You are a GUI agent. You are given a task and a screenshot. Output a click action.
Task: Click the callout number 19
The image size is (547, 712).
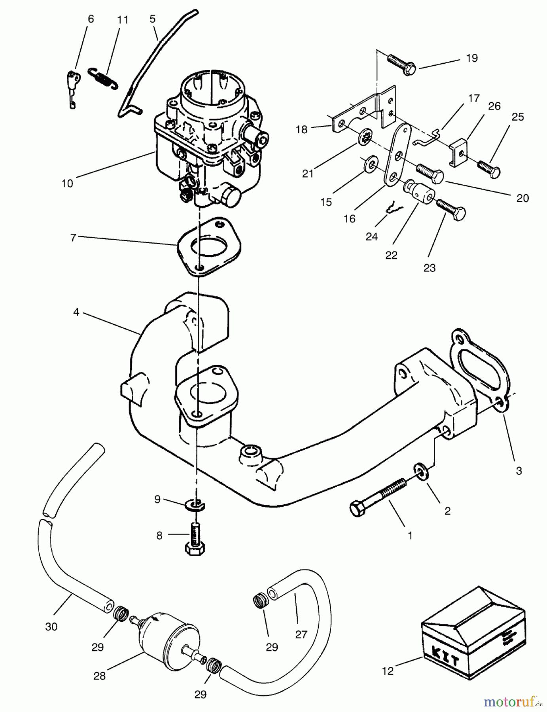click(x=472, y=58)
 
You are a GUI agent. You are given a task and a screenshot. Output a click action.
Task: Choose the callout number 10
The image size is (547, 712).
click(x=67, y=183)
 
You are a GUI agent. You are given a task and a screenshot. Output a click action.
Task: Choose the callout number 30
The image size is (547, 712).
click(x=51, y=627)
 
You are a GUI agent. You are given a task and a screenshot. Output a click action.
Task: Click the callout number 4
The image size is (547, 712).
click(x=76, y=312)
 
